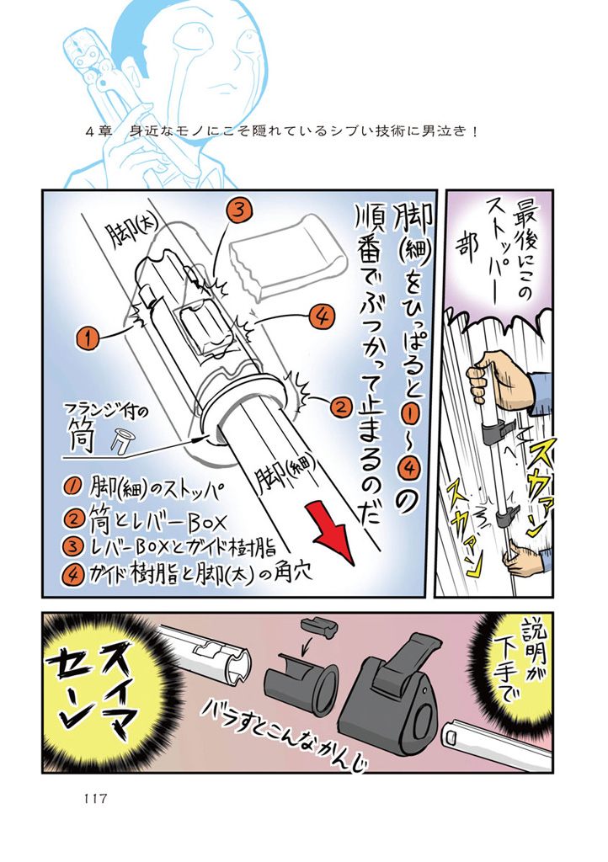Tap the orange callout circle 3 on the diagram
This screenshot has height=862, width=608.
238,211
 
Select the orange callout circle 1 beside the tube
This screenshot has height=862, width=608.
86,338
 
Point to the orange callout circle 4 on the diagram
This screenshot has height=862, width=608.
321,317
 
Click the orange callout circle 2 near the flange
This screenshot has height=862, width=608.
339,407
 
